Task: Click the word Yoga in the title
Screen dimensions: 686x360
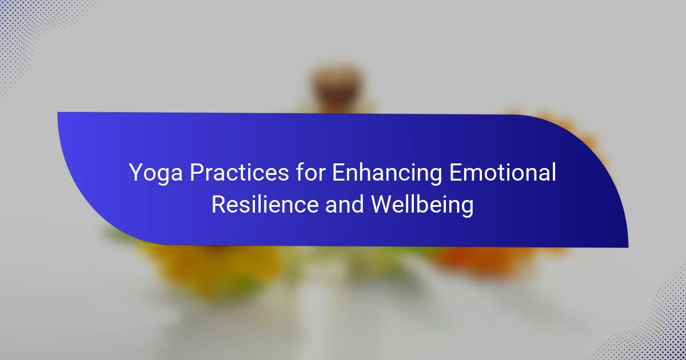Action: [156, 173]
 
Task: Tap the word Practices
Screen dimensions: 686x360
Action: [240, 172]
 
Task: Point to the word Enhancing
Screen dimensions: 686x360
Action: [387, 173]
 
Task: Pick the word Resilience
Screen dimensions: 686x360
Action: [265, 204]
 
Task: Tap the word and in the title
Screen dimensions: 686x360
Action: [344, 204]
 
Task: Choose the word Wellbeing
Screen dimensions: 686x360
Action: [422, 205]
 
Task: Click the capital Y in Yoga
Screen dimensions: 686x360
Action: [136, 173]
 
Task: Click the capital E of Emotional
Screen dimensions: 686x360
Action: [456, 173]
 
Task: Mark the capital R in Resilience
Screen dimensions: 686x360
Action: [218, 204]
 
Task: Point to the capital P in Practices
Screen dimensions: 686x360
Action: [197, 173]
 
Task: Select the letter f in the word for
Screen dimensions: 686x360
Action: [300, 172]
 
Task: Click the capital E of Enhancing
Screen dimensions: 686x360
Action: [339, 173]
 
